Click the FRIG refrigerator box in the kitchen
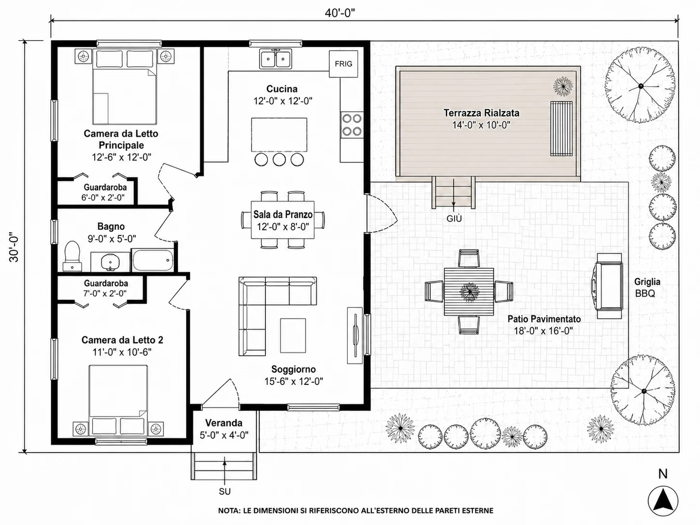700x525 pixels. click(343, 64)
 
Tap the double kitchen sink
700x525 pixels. click(276, 59)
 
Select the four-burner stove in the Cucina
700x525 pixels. click(352, 125)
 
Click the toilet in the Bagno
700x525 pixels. click(72, 256)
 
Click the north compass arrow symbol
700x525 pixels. click(663, 501)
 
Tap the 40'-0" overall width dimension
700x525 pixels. click(340, 13)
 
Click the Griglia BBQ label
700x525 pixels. click(647, 288)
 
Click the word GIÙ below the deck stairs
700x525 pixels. click(454, 219)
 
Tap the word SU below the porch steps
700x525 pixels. click(224, 492)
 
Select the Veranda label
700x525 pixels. click(224, 423)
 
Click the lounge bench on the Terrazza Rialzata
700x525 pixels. click(561, 129)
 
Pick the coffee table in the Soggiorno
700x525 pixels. click(293, 335)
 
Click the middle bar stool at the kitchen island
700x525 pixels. click(279, 160)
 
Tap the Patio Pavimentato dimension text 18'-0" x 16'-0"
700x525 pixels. click(543, 331)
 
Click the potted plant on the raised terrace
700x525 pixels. click(563, 87)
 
